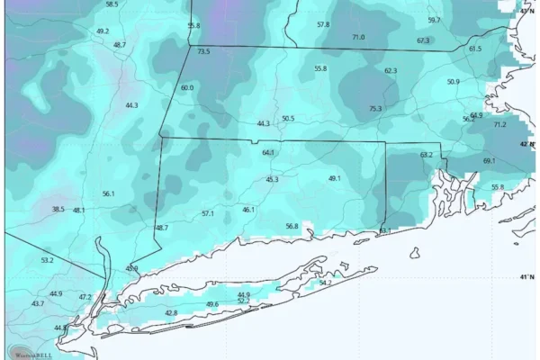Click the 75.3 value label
pyautogui.click(x=375, y=109)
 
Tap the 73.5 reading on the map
pyautogui.click(x=203, y=52)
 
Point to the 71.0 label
pyautogui.click(x=358, y=37)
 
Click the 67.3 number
pyautogui.click(x=423, y=40)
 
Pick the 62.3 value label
pyautogui.click(x=391, y=70)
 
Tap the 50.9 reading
pyautogui.click(x=453, y=82)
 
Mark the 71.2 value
pyautogui.click(x=499, y=124)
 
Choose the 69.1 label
pyautogui.click(x=489, y=161)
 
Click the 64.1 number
pyautogui.click(x=268, y=153)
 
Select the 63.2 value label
pyautogui.click(x=427, y=155)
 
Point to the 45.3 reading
pyautogui.click(x=272, y=180)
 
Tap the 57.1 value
pyautogui.click(x=208, y=213)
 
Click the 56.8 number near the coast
pyautogui.click(x=292, y=226)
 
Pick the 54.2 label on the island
pyautogui.click(x=326, y=283)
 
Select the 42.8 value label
pyautogui.click(x=171, y=313)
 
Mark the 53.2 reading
pyautogui.click(x=47, y=260)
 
